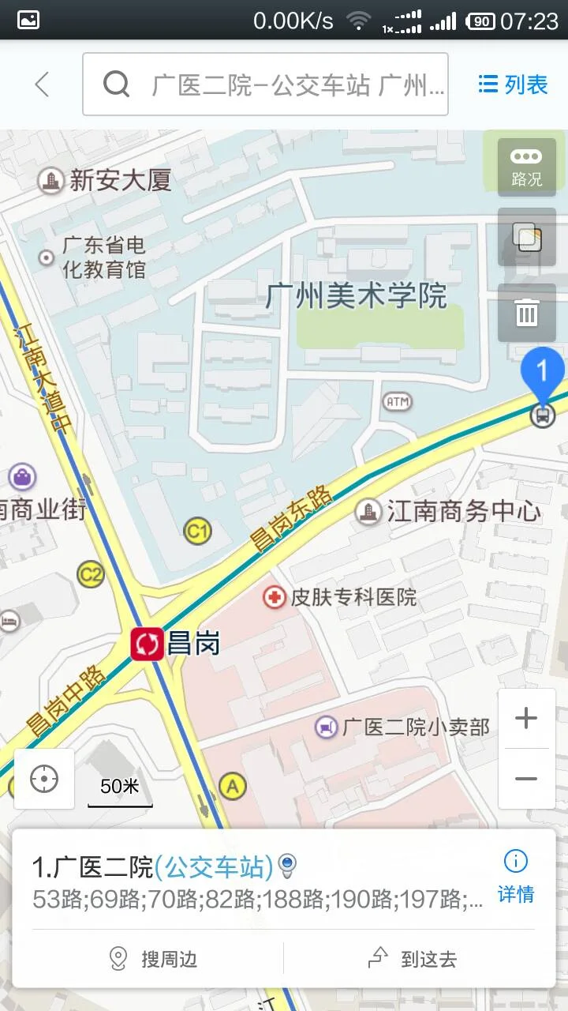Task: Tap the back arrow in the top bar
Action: (x=42, y=85)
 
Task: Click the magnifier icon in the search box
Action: (x=116, y=84)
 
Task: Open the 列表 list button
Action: (x=513, y=85)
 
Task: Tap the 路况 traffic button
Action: (x=526, y=167)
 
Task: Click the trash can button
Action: (x=526, y=313)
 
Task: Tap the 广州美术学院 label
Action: (x=357, y=295)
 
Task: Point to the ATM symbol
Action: (x=398, y=402)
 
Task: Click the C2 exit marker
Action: (x=91, y=574)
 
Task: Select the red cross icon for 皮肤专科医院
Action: (x=275, y=597)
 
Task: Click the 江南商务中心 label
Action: (x=463, y=512)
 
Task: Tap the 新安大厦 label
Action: (x=120, y=181)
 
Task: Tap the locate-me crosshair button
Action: (x=44, y=780)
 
